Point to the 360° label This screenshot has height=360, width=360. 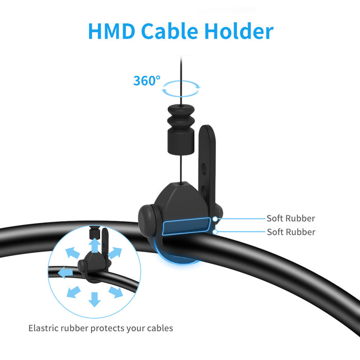pyautogui.click(x=147, y=81)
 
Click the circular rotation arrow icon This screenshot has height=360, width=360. pyautogui.click(x=181, y=89)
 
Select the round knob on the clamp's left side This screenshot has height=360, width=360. pyautogui.click(x=148, y=218)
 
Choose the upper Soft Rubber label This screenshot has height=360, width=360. pyautogui.click(x=291, y=219)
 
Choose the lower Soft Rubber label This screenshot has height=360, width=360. pyautogui.click(x=291, y=232)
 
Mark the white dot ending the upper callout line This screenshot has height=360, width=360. pyautogui.click(x=215, y=219)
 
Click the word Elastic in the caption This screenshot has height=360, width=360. pyautogui.click(x=42, y=328)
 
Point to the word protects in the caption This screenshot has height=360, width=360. pyautogui.click(x=105, y=328)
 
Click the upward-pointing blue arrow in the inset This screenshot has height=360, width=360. pyautogui.click(x=95, y=246)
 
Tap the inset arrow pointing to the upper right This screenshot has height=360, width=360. pyautogui.click(x=115, y=253)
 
